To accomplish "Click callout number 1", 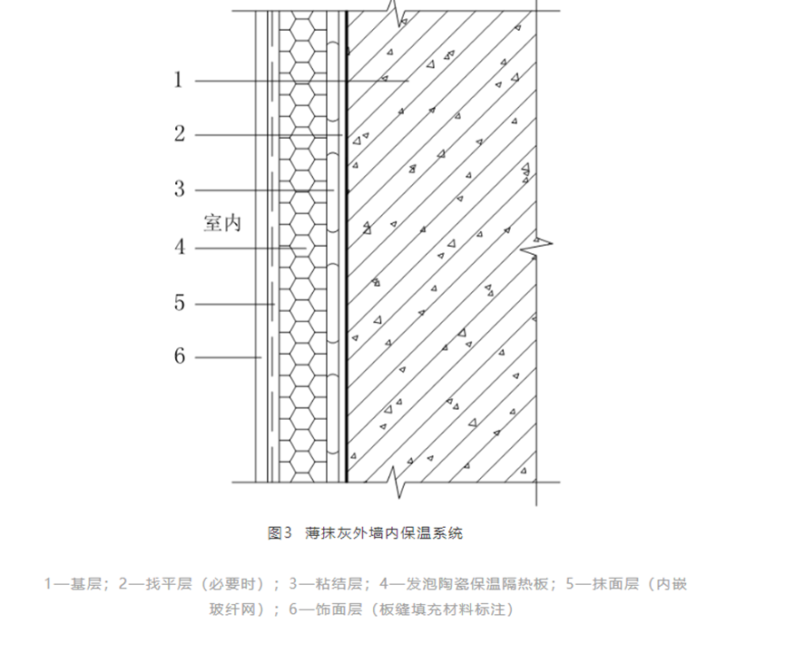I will pyautogui.click(x=179, y=80).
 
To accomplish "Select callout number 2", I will pyautogui.click(x=180, y=134).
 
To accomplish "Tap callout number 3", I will pyautogui.click(x=180, y=190).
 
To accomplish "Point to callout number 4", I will pyautogui.click(x=180, y=247).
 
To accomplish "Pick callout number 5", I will pyautogui.click(x=180, y=303).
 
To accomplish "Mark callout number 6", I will pyautogui.click(x=180, y=356).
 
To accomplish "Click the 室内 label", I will pyautogui.click(x=221, y=223).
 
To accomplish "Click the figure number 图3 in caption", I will pyautogui.click(x=279, y=533).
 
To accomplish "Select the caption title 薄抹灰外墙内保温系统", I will pyautogui.click(x=384, y=533).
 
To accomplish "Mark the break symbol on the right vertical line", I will pyautogui.click(x=539, y=242).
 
